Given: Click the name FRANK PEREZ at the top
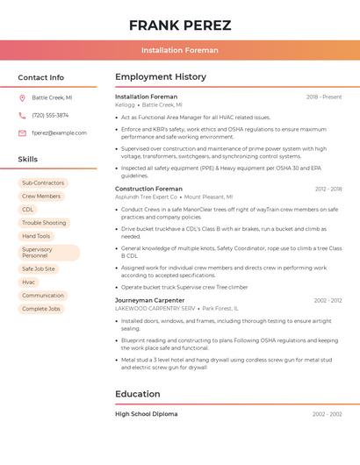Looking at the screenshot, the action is pyautogui.click(x=180, y=25).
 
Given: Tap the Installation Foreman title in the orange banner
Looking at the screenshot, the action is pyautogui.click(x=180, y=50).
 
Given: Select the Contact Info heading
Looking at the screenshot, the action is pyautogui.click(x=41, y=77).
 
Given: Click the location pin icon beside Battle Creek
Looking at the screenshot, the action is pyautogui.click(x=22, y=98).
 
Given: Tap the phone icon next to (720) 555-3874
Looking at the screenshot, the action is pyautogui.click(x=22, y=115).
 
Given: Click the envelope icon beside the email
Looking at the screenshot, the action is pyautogui.click(x=22, y=133).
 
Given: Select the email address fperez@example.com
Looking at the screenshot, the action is pyautogui.click(x=59, y=133).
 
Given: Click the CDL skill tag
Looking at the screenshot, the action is pyautogui.click(x=28, y=210).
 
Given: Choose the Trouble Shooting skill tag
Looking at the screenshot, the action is pyautogui.click(x=44, y=223).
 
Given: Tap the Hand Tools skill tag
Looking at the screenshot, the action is pyautogui.click(x=36, y=236).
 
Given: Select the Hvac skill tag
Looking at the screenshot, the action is pyautogui.click(x=29, y=283).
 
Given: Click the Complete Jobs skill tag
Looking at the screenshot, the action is pyautogui.click(x=41, y=309).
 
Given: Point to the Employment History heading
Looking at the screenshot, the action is pyautogui.click(x=161, y=77).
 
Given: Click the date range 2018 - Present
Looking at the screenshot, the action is pyautogui.click(x=324, y=97).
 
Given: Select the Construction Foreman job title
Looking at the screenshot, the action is pyautogui.click(x=148, y=189).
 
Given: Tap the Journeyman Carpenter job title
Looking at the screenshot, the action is pyautogui.click(x=150, y=300).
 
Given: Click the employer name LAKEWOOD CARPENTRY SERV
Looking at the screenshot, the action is pyautogui.click(x=155, y=309).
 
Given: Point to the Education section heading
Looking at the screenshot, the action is pyautogui.click(x=137, y=394).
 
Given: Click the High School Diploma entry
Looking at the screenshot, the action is pyautogui.click(x=146, y=414).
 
